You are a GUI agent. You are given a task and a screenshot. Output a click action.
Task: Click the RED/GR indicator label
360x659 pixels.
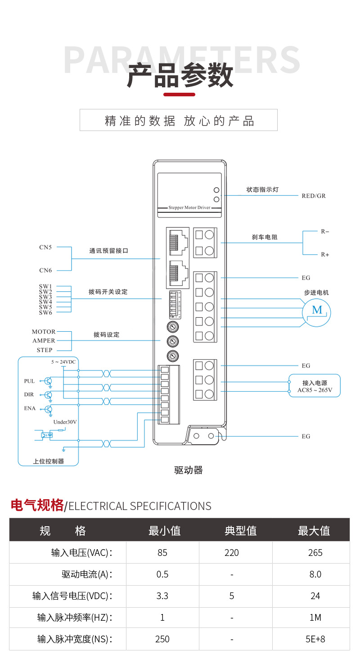coord(314,196)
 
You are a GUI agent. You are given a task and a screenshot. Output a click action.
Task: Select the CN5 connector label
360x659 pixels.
coord(45,247)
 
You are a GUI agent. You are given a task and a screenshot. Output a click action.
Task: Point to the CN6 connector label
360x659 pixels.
coord(45,271)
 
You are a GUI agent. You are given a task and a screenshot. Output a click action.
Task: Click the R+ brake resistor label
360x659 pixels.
coord(325,255)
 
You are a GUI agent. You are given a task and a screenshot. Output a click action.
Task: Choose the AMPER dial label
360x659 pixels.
coord(44,341)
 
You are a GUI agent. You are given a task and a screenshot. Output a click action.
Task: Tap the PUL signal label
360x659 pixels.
coord(29,381)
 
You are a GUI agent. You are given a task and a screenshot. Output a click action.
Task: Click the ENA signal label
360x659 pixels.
coord(30,408)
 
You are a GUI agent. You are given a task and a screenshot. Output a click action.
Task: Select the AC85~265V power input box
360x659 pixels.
coord(315,385)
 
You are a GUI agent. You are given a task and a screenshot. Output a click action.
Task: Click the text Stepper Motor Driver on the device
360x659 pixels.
coord(189,208)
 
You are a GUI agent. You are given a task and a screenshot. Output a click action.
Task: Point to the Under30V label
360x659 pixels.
coord(65,422)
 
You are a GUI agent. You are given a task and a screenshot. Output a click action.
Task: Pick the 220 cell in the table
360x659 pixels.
coord(232,552)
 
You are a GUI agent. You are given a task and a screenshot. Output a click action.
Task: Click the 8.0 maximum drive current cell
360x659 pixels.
coord(315,574)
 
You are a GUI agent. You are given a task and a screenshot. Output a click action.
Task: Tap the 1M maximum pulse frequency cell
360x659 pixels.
coord(315,618)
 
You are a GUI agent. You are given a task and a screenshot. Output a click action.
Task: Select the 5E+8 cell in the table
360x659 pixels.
coord(315,639)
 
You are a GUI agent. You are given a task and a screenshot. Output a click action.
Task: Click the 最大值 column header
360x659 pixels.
coord(314,531)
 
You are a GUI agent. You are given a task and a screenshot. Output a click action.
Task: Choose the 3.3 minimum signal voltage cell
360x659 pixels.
coord(162,596)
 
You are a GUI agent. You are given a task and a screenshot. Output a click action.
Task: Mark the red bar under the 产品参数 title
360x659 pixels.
coord(179,95)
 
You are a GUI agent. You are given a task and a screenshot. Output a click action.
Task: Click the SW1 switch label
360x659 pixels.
coord(45,286)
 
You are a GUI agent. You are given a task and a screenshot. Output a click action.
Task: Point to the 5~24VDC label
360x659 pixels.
coord(64,362)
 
